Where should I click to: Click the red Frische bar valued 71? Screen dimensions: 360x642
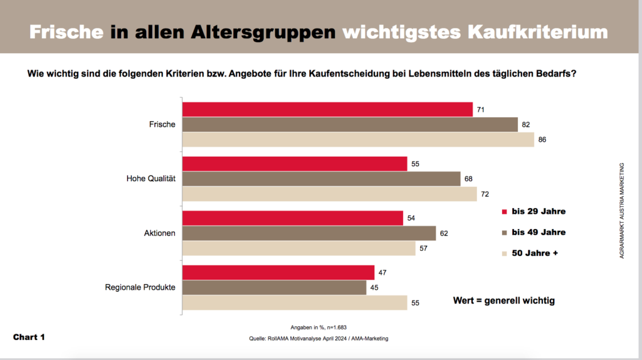[327, 110]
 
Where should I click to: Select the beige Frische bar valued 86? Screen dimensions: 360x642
[358, 139]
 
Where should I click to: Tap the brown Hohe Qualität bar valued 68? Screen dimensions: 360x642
[321, 179]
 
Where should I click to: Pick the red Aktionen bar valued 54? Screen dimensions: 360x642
[293, 218]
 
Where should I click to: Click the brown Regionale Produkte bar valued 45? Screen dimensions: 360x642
[274, 287]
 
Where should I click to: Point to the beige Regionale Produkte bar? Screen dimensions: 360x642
[295, 303]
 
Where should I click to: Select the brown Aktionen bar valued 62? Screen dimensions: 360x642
[309, 233]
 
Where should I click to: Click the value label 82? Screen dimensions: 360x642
[526, 125]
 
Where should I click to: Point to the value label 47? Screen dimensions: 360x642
[383, 273]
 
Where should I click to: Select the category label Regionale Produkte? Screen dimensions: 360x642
[140, 288]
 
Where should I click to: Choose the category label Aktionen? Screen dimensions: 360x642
[160, 233]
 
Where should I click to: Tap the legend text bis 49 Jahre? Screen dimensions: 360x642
[539, 233]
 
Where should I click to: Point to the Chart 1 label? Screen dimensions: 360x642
[29, 337]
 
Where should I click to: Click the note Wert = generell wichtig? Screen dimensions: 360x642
[503, 301]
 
